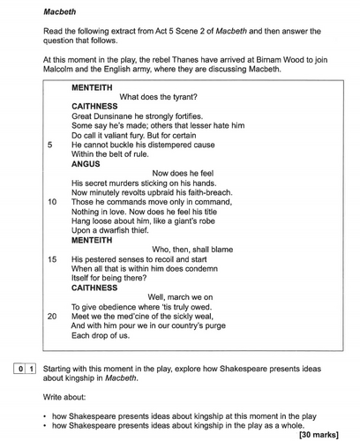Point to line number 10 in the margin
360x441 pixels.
[x=52, y=202]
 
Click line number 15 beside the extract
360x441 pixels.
[x=52, y=259]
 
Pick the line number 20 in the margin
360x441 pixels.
[x=52, y=316]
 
